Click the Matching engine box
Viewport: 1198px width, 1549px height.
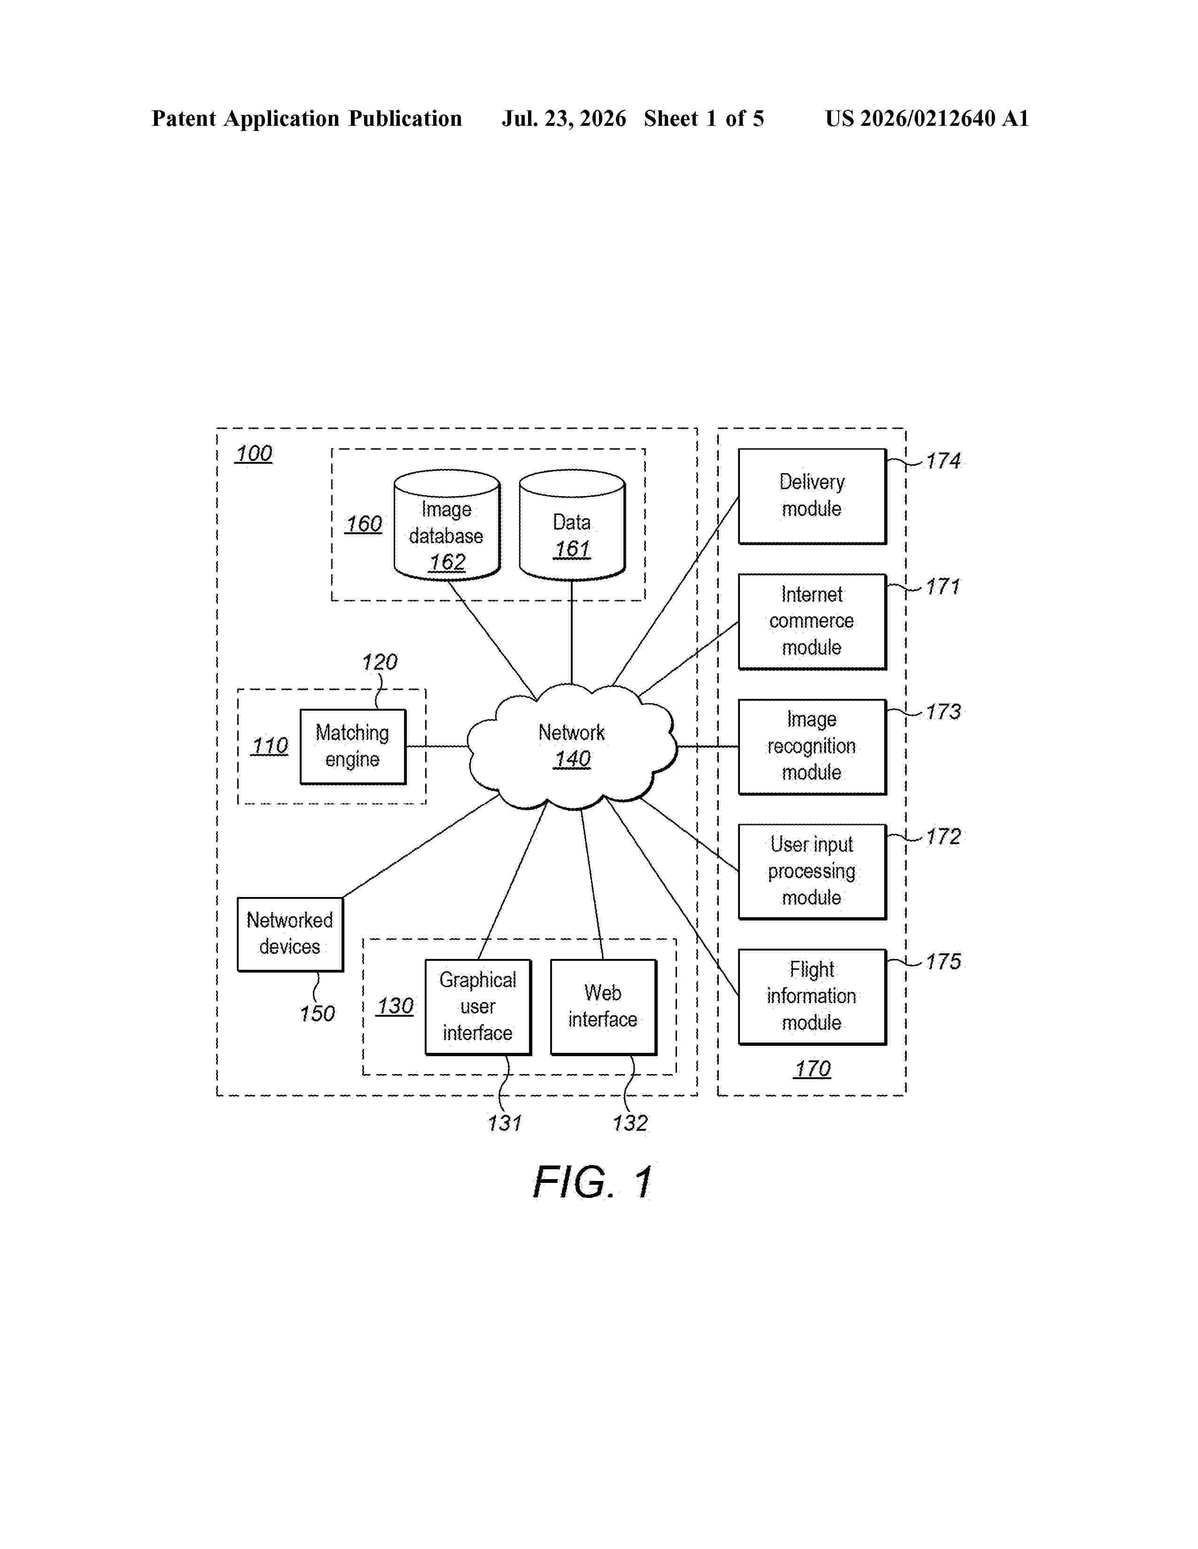(x=353, y=746)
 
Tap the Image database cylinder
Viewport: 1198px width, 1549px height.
(x=447, y=525)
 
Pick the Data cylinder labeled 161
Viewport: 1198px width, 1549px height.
(x=572, y=525)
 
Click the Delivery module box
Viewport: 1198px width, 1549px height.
(x=812, y=497)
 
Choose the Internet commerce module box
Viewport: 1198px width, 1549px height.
(x=812, y=621)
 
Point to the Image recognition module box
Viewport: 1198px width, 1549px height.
(x=812, y=747)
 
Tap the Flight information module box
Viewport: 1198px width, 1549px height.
(x=812, y=997)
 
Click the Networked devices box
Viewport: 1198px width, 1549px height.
(x=290, y=934)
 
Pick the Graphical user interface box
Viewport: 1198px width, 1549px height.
(x=478, y=1007)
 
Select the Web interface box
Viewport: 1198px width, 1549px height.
(x=603, y=1007)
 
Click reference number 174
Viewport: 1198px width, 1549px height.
(x=943, y=461)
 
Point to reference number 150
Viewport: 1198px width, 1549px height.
(x=317, y=1013)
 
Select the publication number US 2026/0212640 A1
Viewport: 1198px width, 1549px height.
(x=927, y=118)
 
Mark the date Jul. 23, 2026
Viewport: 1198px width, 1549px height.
(x=564, y=118)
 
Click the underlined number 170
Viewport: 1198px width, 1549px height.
(x=812, y=1069)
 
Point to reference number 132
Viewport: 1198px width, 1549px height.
(x=630, y=1123)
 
